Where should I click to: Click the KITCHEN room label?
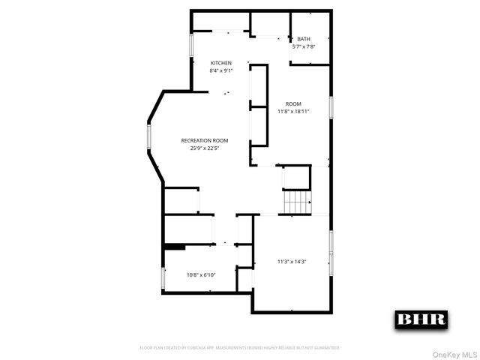(220, 63)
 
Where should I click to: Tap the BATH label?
(303, 39)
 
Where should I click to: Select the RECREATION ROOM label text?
(204, 140)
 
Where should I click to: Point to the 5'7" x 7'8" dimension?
(303, 46)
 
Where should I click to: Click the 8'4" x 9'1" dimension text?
(220, 70)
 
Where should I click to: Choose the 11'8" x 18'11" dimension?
(293, 111)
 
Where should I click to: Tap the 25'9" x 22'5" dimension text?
(204, 148)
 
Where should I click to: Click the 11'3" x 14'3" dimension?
(292, 262)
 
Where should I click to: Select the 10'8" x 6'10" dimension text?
(201, 274)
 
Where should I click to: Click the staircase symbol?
(297, 202)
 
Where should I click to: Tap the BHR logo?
(421, 319)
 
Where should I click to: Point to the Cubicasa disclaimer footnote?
(240, 348)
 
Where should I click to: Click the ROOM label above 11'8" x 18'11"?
(293, 103)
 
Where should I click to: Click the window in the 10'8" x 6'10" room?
(163, 278)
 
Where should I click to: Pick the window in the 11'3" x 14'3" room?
(330, 252)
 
